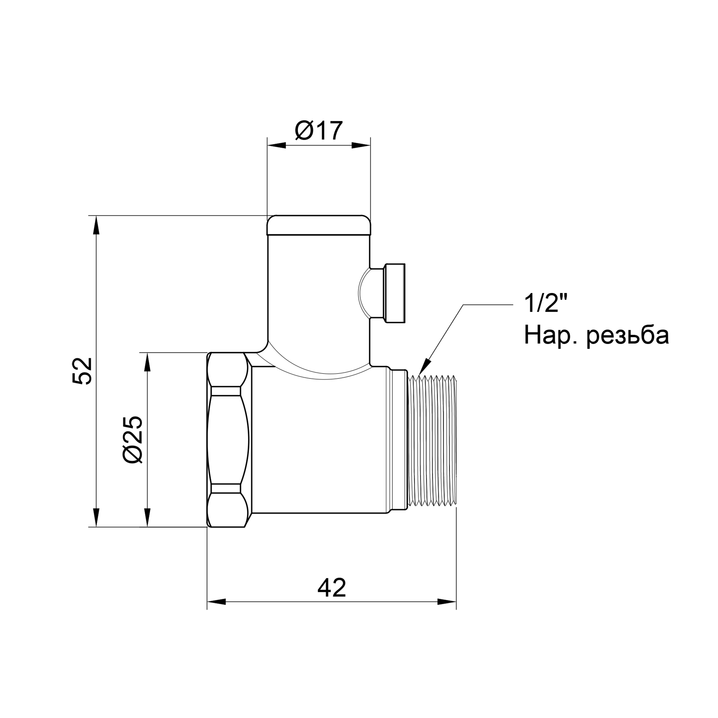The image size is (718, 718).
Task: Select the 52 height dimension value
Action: pos(83,371)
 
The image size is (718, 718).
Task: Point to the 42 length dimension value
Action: pos(331,588)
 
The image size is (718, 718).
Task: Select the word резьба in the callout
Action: pos(628,336)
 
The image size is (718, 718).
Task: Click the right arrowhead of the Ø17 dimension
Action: pos(362,145)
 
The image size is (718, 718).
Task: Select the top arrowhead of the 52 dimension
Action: pos(96,225)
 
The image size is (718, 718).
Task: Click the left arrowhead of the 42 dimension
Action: pos(216,612)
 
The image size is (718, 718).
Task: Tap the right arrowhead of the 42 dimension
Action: pos(447,612)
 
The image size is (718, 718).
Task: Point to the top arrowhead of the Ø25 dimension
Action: pos(148,362)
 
